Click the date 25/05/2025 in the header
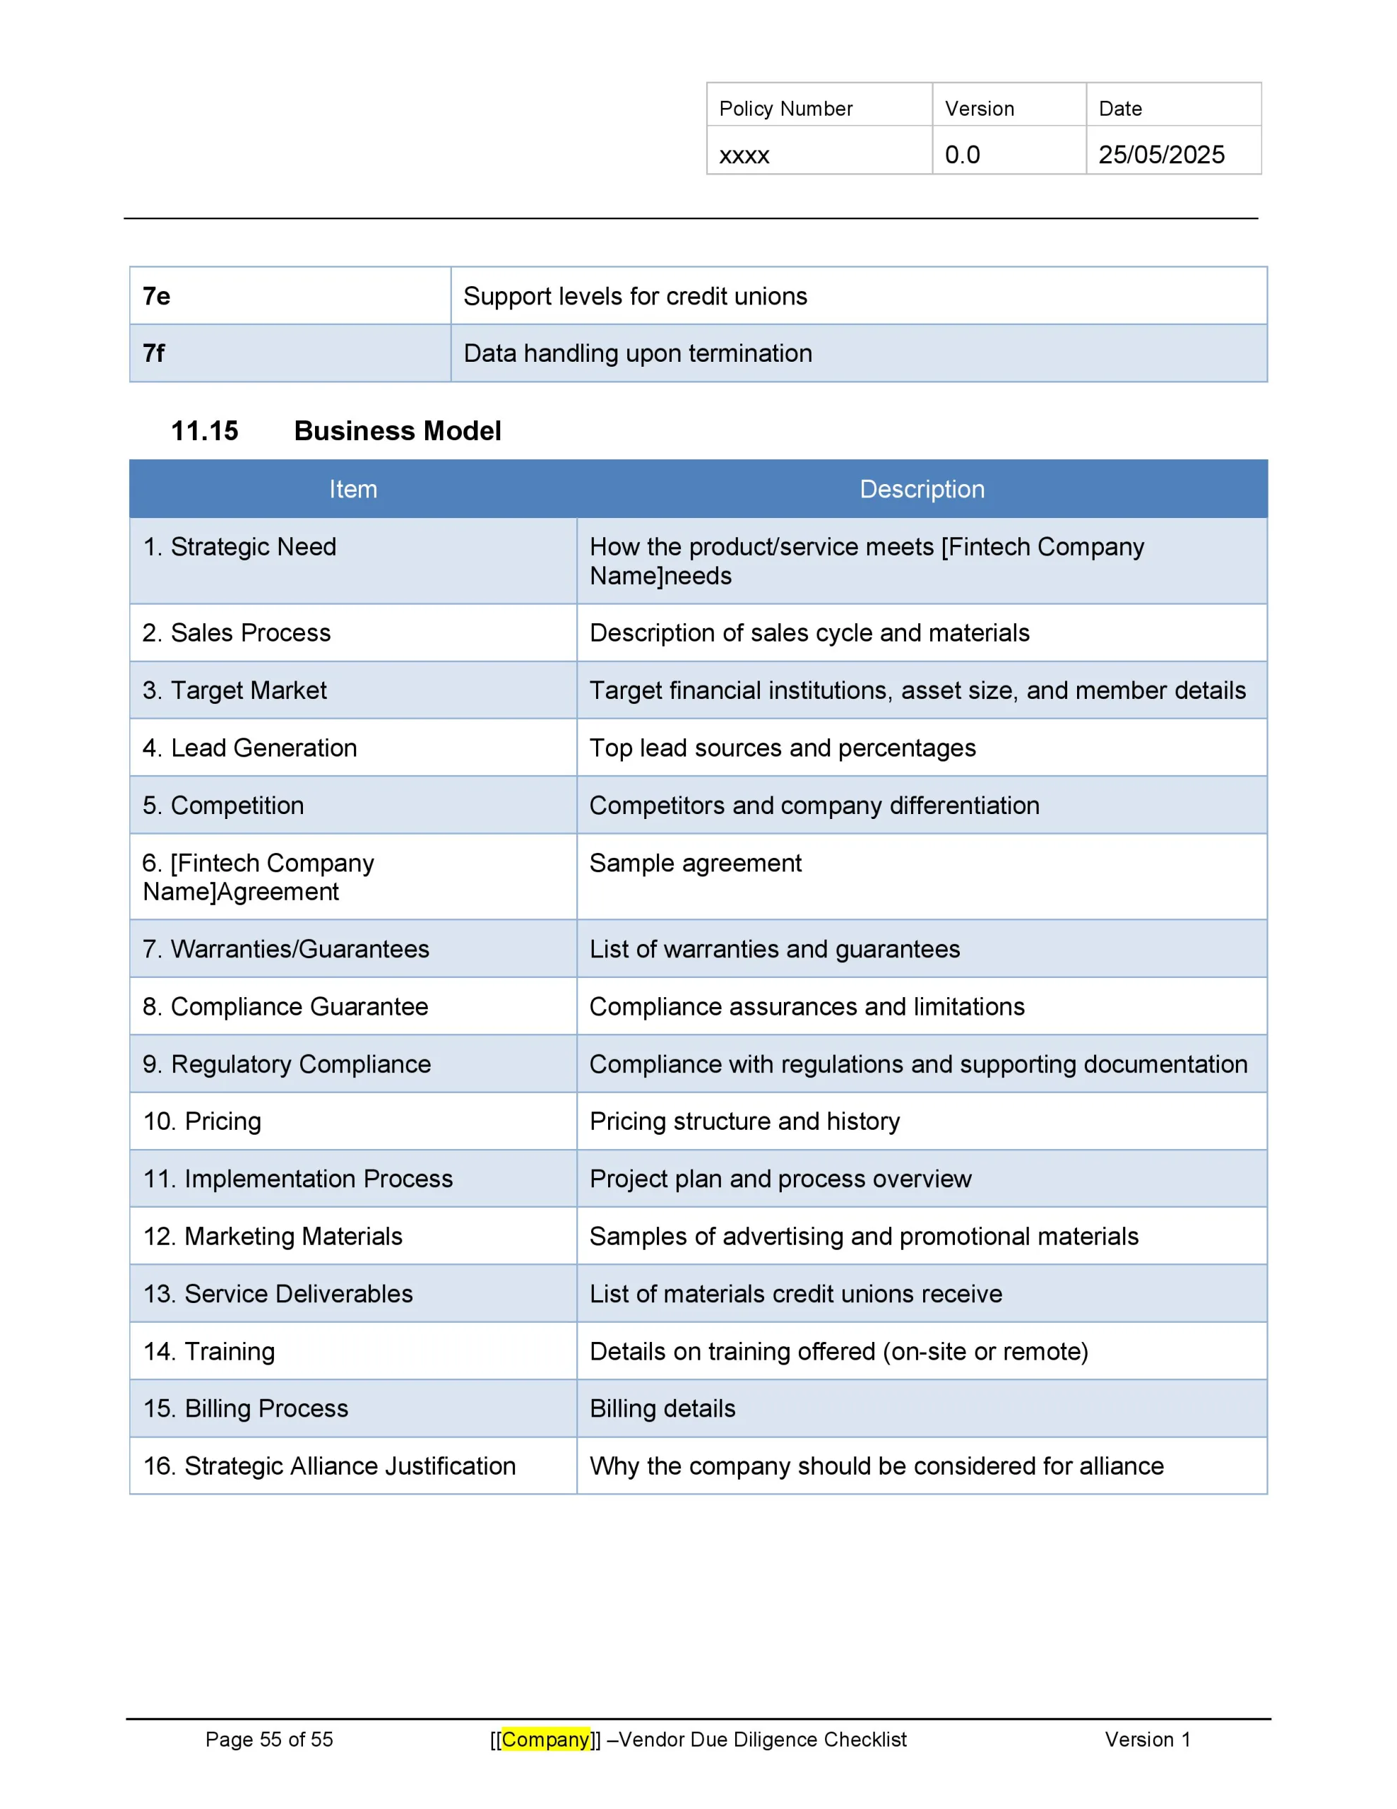pos(1160,155)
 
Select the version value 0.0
pos(961,155)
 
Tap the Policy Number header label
pos(785,109)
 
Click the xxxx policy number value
pos(744,155)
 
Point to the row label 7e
pos(157,295)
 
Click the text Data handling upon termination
pos(637,353)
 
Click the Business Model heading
pos(398,431)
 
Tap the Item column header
pos(352,489)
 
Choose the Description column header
pos(922,489)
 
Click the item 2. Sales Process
pos(236,633)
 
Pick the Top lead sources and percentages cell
pos(782,748)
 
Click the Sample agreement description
pos(695,863)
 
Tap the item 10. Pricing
pos(202,1121)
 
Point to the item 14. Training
pos(208,1351)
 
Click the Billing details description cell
pos(662,1408)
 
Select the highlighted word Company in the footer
pos(545,1740)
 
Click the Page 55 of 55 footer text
pos(269,1740)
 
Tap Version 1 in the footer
pos(1147,1740)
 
